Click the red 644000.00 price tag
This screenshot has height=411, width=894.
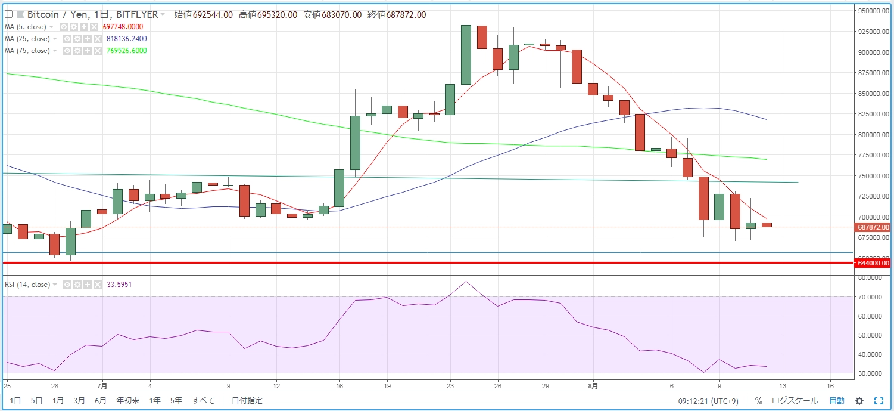873,262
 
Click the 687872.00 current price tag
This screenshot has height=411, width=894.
873,227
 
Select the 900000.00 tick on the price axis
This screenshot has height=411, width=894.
873,52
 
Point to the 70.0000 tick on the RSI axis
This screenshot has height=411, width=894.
871,297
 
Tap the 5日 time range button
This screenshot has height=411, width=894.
36,401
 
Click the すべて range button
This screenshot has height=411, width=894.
203,401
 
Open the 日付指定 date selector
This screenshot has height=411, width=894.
247,401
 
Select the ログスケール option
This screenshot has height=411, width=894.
795,401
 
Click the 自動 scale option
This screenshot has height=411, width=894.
837,401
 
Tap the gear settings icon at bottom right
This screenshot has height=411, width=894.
859,401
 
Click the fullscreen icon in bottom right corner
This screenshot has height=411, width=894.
879,401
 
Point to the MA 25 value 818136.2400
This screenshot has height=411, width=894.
126,39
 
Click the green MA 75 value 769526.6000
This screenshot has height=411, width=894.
126,51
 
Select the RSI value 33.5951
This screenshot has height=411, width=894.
119,285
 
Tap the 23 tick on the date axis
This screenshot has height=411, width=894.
450,385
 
